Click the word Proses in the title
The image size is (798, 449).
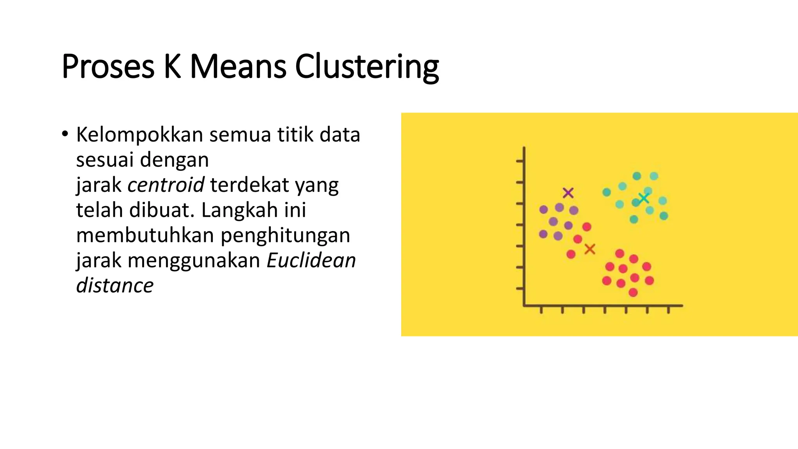point(108,67)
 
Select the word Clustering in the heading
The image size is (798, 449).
point(367,67)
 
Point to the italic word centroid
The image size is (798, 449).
point(166,185)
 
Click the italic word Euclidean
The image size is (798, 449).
point(311,260)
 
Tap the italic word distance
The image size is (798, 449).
point(115,285)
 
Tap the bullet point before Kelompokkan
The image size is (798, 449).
point(65,134)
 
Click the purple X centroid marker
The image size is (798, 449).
point(568,193)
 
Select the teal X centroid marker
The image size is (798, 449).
point(644,198)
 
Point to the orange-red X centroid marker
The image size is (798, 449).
point(590,249)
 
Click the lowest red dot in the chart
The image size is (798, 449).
point(633,292)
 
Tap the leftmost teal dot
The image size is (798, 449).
point(607,192)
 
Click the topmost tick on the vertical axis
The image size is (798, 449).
point(520,161)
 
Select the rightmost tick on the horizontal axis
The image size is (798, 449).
point(669,310)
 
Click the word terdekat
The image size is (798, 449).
point(249,185)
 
